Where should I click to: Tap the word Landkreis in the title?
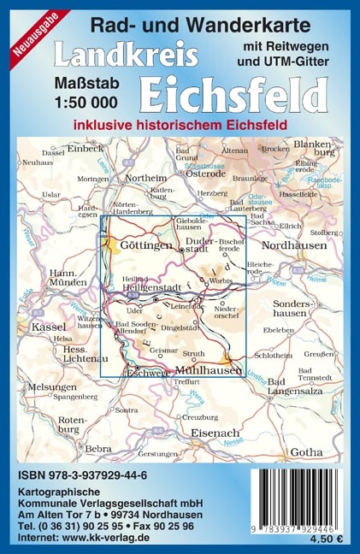pos(126,56)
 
